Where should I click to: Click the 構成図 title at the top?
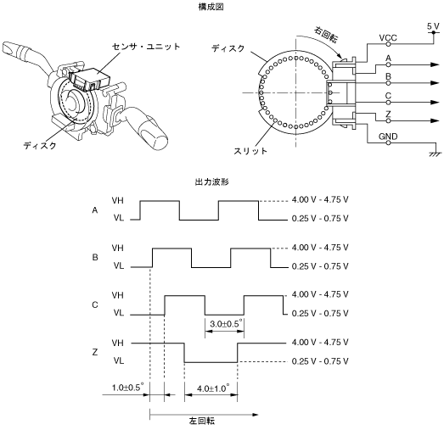[x=211, y=7]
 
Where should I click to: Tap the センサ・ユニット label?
[x=146, y=47]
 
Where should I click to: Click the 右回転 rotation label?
[x=326, y=35]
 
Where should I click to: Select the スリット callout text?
[x=250, y=151]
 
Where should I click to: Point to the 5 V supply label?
[x=433, y=26]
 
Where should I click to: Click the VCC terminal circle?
[x=388, y=44]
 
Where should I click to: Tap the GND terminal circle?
[x=388, y=142]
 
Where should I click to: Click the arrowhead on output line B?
[x=435, y=83]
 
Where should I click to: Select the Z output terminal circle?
[x=388, y=120]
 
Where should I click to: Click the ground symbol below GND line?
[x=436, y=154]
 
